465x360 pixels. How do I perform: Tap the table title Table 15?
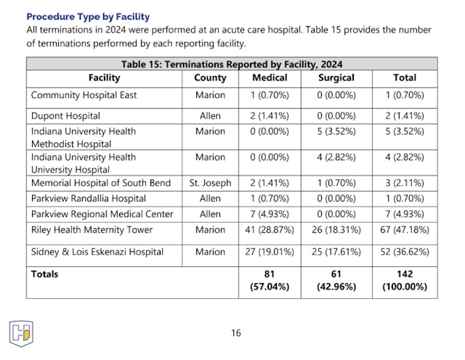pos(232,64)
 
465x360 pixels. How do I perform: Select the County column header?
pos(210,78)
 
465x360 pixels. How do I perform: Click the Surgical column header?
pos(336,78)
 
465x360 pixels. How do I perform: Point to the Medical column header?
pos(270,78)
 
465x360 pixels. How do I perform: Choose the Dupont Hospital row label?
pos(65,115)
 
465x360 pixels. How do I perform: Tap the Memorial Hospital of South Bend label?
pos(101,183)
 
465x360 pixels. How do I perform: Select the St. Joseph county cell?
pos(210,183)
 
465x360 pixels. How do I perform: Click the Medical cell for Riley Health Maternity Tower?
pos(270,229)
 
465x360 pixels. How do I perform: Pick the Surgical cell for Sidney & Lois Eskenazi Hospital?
pos(336,252)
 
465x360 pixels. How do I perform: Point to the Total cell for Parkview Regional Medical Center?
pos(405,213)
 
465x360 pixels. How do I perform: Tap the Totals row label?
pos(45,274)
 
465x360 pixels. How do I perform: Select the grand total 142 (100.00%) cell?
pos(405,280)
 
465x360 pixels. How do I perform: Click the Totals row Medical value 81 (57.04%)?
pos(270,280)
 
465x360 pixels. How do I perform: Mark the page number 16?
pos(235,333)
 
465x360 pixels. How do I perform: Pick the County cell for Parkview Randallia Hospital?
pos(210,198)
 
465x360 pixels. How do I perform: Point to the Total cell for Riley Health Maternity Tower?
pos(405,229)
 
